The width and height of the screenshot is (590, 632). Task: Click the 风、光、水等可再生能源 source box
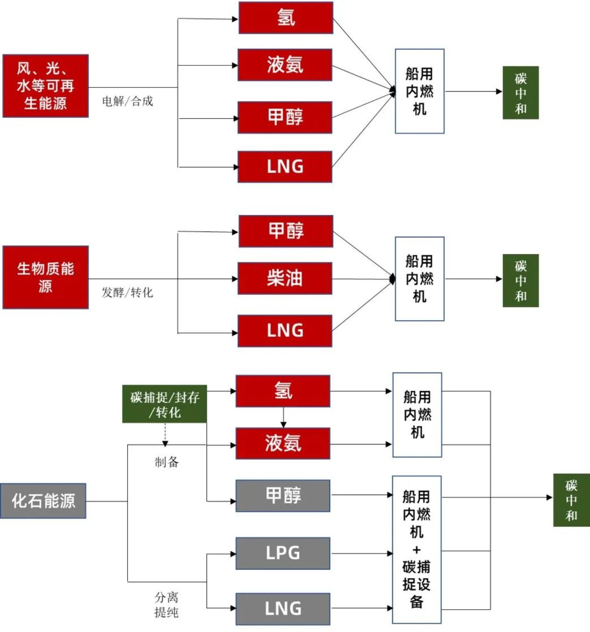[45, 86]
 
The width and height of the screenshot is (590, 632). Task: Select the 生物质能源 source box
[45, 277]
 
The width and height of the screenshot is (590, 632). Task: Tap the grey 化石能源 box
[43, 501]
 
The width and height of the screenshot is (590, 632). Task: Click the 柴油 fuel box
[285, 278]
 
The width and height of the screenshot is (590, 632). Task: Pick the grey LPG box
[283, 553]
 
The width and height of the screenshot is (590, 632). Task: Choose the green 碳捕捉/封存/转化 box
[164, 404]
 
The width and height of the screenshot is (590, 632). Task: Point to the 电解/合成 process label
[127, 101]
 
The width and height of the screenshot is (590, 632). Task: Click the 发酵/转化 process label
[127, 293]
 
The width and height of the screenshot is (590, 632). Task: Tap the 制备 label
[167, 462]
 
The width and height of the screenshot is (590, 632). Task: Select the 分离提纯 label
[166, 605]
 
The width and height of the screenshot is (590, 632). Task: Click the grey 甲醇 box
[283, 495]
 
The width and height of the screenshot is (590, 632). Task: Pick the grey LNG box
[283, 609]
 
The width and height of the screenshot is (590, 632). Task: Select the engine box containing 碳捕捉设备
[416, 550]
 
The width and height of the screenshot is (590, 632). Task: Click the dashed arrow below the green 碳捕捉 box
[165, 435]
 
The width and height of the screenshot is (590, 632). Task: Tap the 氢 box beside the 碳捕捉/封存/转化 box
[283, 391]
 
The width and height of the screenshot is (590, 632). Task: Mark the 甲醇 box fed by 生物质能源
[286, 231]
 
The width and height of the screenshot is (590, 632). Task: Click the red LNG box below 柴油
[285, 331]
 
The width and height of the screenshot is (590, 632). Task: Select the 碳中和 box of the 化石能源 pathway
[571, 500]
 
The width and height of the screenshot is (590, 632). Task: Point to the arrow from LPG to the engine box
[361, 553]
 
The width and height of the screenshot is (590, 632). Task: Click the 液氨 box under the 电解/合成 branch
[285, 65]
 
